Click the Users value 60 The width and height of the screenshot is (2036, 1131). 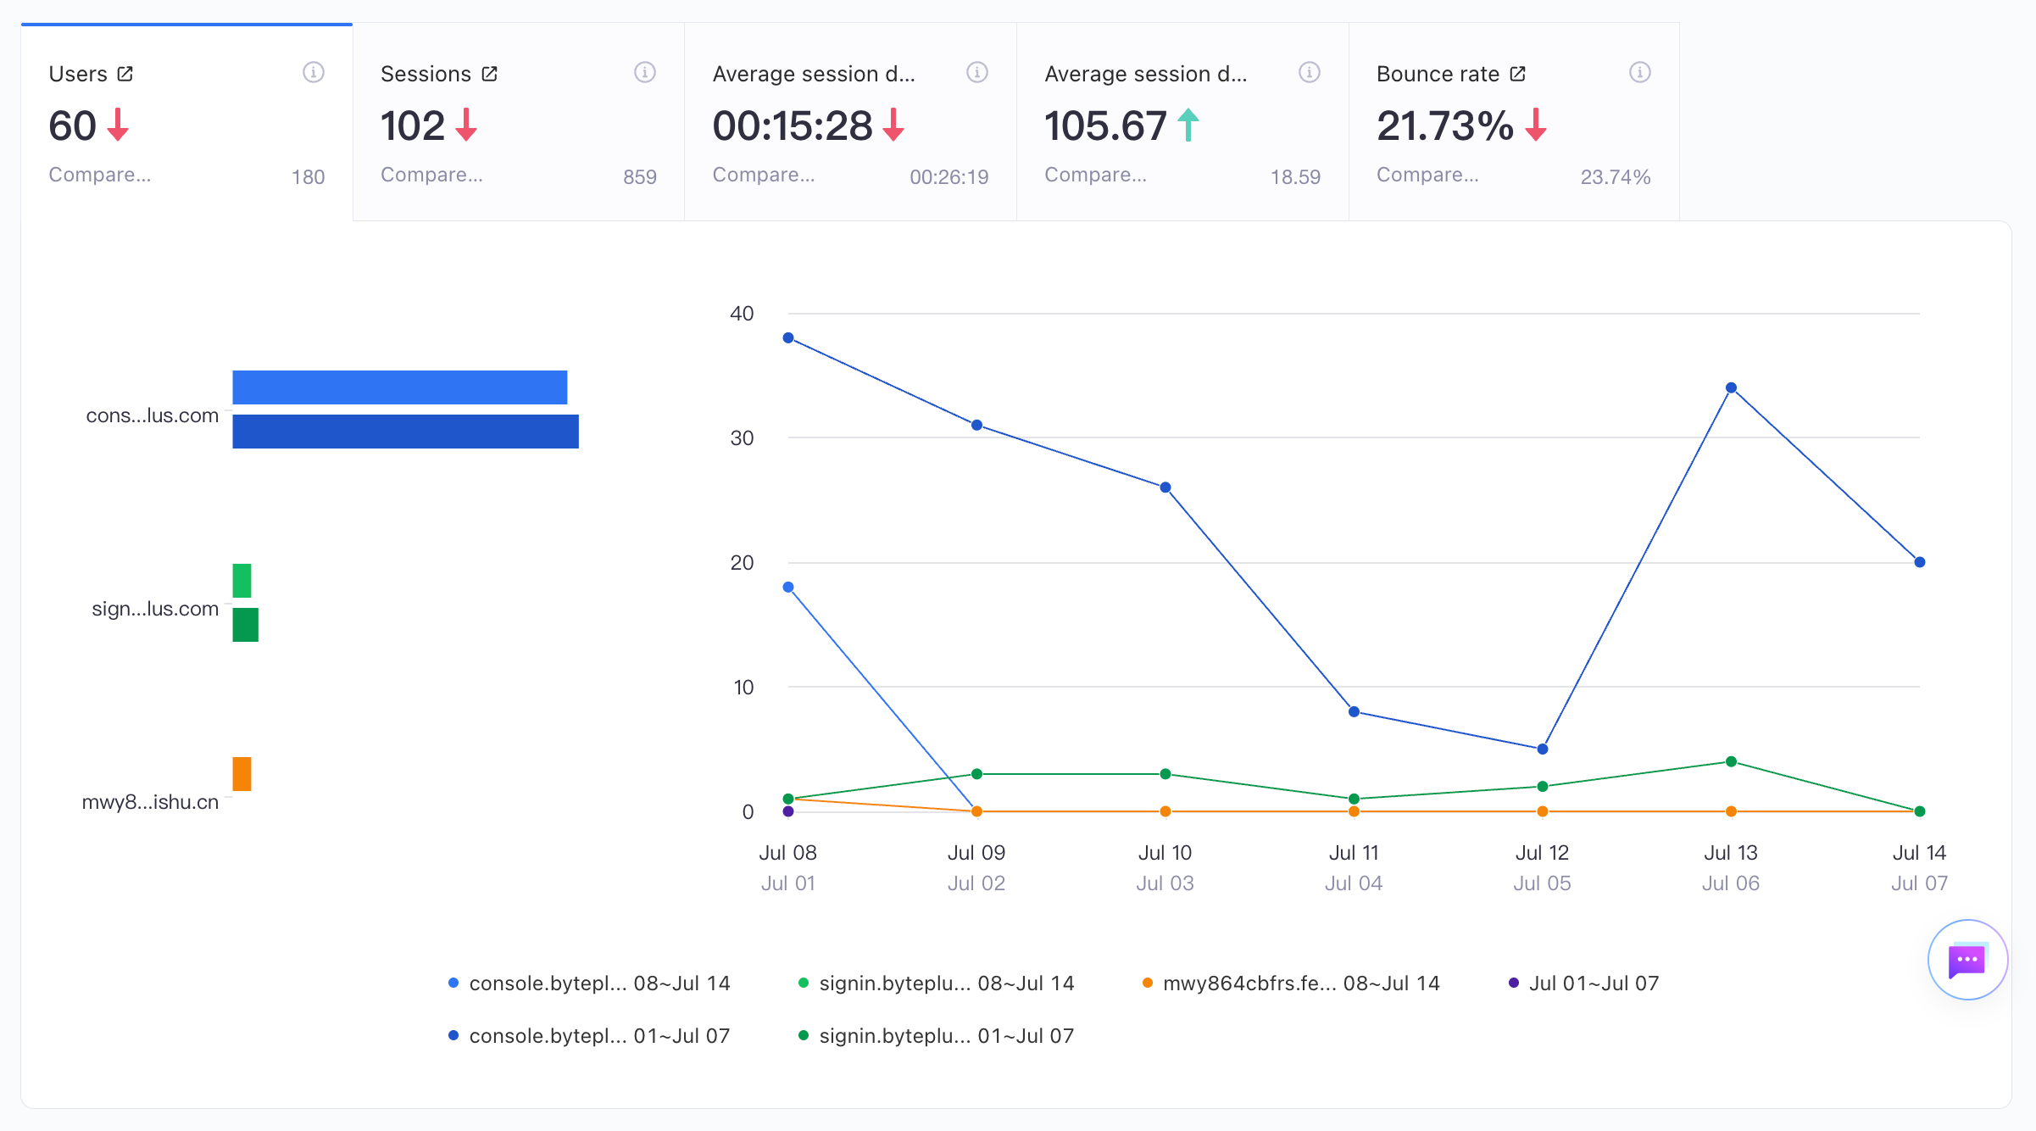point(73,125)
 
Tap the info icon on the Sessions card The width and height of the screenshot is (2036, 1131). point(645,73)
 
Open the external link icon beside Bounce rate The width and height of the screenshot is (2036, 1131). point(1518,74)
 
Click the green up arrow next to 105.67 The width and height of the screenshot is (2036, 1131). point(1188,125)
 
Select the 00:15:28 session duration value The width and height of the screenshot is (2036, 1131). point(793,125)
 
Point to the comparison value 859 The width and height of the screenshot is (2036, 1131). point(640,177)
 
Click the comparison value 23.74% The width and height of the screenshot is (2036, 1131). point(1616,177)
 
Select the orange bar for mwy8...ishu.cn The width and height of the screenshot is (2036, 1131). point(242,773)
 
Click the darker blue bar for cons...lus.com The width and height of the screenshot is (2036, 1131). point(405,432)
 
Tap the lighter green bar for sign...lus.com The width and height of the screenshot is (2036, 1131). point(242,581)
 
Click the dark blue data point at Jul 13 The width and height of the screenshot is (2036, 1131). point(1731,387)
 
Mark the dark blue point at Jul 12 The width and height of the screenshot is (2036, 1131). point(1543,749)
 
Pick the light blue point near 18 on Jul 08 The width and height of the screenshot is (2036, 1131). point(788,587)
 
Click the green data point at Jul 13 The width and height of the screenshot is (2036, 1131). point(1731,761)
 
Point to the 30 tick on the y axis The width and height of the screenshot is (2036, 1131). point(742,437)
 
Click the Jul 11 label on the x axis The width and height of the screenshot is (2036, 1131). point(1354,852)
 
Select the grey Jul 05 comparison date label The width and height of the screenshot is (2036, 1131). point(1543,883)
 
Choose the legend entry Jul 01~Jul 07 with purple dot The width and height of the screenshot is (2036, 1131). point(1584,983)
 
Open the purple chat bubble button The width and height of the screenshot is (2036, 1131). point(1967,960)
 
